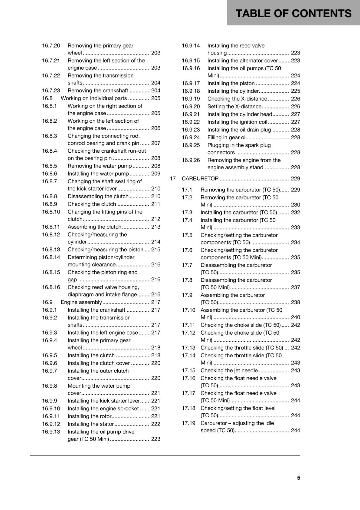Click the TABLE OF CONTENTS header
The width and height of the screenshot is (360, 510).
click(293, 13)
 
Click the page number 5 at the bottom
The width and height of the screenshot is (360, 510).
click(299, 478)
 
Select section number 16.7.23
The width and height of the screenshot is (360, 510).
click(51, 91)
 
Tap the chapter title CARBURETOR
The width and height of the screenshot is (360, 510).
click(200, 178)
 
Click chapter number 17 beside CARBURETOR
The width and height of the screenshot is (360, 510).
click(173, 178)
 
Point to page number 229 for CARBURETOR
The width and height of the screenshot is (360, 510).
click(295, 178)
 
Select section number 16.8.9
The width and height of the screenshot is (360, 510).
click(50, 204)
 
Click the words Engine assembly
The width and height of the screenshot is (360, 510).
click(81, 302)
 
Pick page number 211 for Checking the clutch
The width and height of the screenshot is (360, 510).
click(155, 204)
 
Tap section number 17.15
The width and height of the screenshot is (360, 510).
click(189, 370)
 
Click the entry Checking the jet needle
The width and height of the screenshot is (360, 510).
click(229, 370)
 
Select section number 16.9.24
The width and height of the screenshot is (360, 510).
click(191, 137)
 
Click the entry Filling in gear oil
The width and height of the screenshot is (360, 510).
click(227, 137)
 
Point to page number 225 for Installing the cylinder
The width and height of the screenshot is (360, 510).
click(295, 91)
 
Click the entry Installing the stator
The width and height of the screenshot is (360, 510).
click(90, 424)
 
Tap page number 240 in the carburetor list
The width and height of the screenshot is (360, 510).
click(295, 317)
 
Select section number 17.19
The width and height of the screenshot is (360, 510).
click(189, 423)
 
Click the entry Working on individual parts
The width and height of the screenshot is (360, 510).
click(94, 98)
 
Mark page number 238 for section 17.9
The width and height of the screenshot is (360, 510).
click(295, 302)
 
